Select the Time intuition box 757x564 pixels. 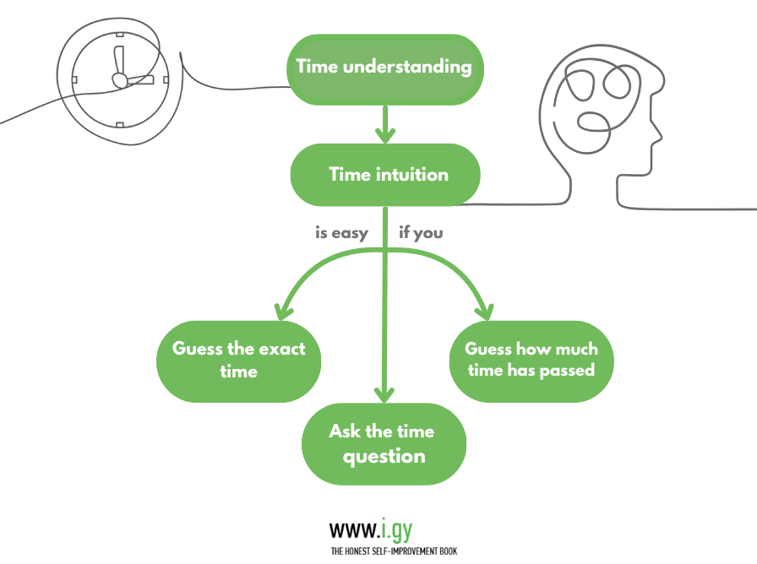pyautogui.click(x=385, y=176)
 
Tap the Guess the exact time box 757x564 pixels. pyautogui.click(x=239, y=360)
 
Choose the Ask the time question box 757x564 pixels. pyautogui.click(x=384, y=444)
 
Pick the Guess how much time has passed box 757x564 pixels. pyautogui.click(x=531, y=360)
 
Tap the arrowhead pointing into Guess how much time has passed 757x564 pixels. pyautogui.click(x=485, y=311)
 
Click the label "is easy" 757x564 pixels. pyautogui.click(x=341, y=232)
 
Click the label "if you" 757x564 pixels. pyautogui.click(x=421, y=232)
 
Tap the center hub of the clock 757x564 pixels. pyautogui.click(x=119, y=80)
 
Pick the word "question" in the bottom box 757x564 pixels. pyautogui.click(x=384, y=457)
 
